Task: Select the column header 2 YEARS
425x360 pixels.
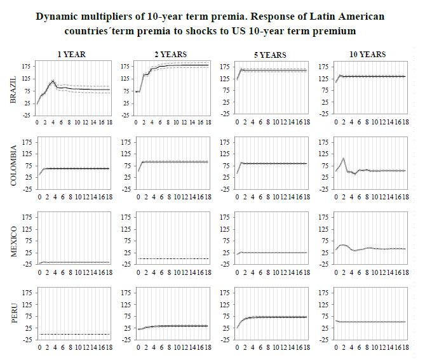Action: tap(172, 55)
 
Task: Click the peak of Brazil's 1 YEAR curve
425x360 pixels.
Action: tap(53, 81)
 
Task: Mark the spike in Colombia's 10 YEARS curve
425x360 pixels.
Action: tap(344, 158)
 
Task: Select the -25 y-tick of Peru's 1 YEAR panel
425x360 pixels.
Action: tap(26, 340)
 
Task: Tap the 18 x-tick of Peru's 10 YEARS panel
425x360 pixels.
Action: tap(405, 349)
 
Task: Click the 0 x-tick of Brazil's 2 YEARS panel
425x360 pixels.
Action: tap(137, 121)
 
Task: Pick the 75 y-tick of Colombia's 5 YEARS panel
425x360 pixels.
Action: tap(227, 166)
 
